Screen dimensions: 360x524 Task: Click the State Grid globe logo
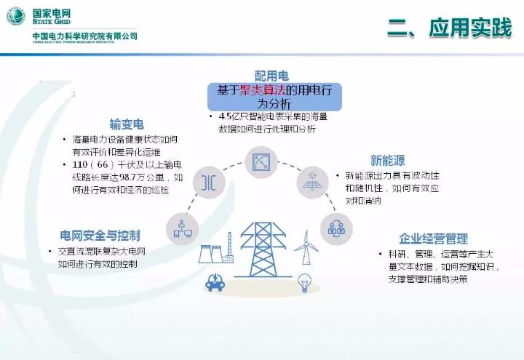[x=15, y=15]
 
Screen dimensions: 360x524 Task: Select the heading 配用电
[x=271, y=76]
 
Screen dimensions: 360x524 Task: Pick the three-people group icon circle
[x=336, y=228]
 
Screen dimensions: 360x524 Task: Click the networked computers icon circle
[x=182, y=229]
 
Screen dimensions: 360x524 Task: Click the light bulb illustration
[x=306, y=281]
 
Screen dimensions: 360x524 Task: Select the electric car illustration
[x=215, y=281]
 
